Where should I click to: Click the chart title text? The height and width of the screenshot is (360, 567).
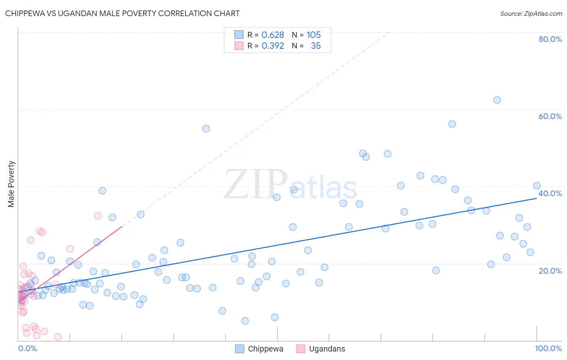click(x=122, y=13)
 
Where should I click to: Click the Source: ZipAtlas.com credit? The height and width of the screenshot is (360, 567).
click(x=531, y=13)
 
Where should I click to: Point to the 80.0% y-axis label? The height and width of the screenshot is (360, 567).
click(x=550, y=39)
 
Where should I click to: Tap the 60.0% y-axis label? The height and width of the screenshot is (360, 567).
click(x=550, y=116)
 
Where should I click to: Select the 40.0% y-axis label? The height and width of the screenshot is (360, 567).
click(x=550, y=193)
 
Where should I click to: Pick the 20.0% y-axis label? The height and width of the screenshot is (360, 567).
click(x=550, y=271)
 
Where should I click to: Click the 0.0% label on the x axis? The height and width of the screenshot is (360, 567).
click(x=27, y=348)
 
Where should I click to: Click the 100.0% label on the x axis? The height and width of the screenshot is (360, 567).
click(x=548, y=348)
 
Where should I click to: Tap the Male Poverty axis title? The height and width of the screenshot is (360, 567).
click(x=11, y=184)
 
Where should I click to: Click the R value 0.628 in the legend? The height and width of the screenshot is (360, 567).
click(x=273, y=35)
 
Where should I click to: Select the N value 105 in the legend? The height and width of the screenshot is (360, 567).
click(x=313, y=35)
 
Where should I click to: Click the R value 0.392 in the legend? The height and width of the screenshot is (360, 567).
click(x=273, y=46)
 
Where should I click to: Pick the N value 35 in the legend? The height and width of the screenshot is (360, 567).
click(x=315, y=46)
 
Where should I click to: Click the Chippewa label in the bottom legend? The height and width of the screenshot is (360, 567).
click(x=265, y=349)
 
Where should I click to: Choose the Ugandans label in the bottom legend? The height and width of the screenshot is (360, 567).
click(x=327, y=349)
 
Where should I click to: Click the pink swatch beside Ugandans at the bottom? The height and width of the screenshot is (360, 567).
click(x=300, y=349)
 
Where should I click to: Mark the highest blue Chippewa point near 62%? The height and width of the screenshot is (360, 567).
click(x=497, y=100)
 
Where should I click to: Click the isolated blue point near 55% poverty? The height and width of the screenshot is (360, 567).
click(x=206, y=129)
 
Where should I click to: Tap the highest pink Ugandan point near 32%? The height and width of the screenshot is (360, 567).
click(x=98, y=216)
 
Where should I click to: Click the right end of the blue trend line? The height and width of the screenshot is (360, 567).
click(x=536, y=199)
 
